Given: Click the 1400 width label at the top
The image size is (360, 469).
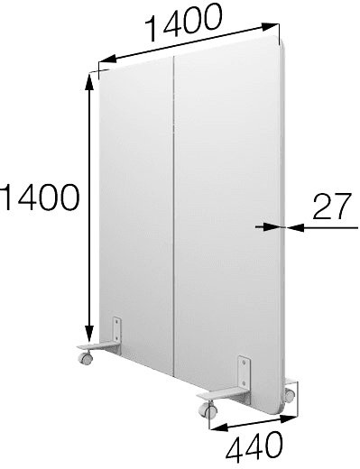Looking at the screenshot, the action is (184, 21).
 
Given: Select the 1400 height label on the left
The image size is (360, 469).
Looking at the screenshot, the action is (40, 198).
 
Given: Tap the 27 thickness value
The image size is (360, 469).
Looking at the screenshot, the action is (332, 206).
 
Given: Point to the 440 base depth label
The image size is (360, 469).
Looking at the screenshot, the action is (254, 447).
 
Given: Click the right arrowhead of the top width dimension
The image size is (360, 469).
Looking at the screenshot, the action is (270, 27).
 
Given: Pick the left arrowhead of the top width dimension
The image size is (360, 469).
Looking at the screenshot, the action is (107, 58).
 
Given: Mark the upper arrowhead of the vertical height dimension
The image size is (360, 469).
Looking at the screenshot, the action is (89, 82).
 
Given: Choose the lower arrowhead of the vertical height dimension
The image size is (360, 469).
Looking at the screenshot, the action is (89, 333).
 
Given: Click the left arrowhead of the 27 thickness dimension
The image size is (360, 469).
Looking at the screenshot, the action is (272, 227).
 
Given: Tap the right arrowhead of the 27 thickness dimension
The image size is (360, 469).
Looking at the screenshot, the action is (295, 228).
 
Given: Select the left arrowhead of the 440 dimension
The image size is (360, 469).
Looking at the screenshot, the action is (219, 427).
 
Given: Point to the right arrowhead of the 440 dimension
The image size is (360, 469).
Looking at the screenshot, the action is (289, 418).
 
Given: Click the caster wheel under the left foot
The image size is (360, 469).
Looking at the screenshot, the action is (85, 357).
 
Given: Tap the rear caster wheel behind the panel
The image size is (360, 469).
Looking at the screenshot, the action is (290, 395).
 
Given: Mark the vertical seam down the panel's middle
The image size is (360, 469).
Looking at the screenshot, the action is (174, 216).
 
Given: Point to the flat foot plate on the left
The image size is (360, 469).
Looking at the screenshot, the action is (97, 346).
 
